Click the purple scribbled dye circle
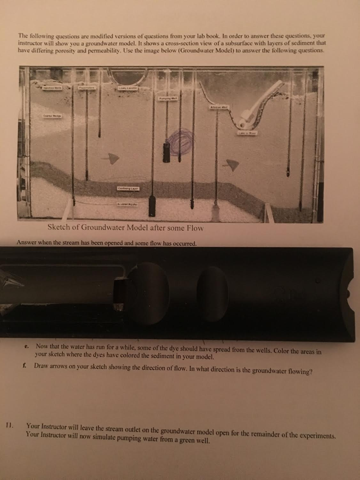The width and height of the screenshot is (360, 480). pos(180,142)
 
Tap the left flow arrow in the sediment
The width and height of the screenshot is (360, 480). pos(112,158)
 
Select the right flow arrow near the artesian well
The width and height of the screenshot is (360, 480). pos(232,164)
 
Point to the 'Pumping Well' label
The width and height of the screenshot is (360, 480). pos(167,99)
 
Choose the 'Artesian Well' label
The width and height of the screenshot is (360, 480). pos(219,107)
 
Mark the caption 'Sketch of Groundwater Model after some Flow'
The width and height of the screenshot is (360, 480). pos(125,228)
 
